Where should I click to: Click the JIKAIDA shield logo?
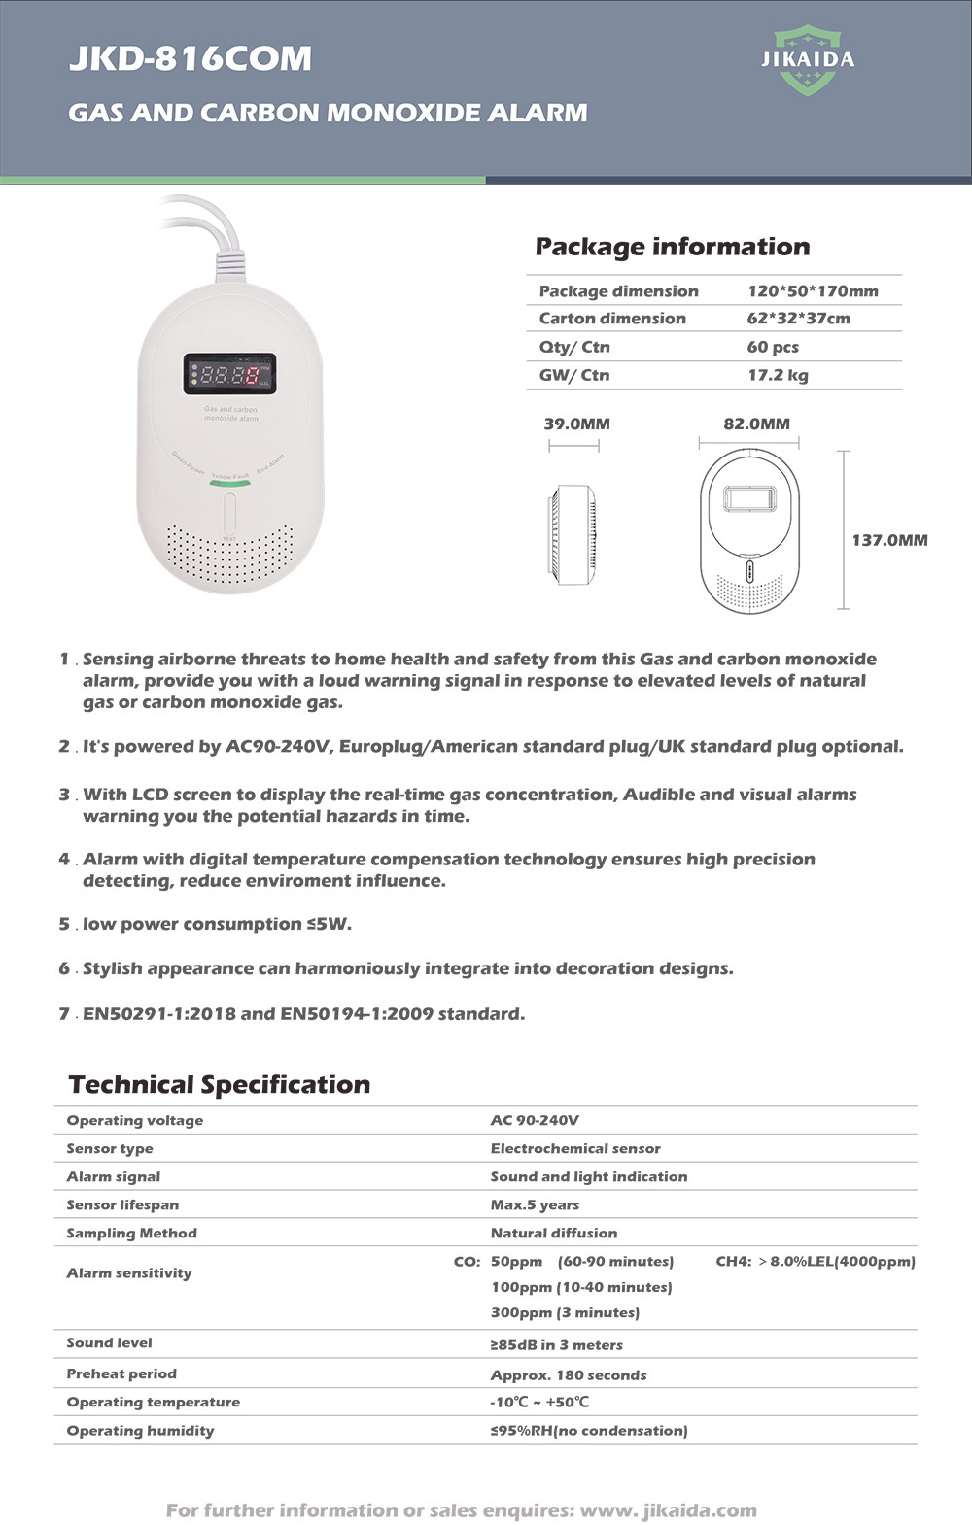point(808,60)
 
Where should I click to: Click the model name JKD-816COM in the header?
point(191,58)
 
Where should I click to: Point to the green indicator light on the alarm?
point(229,480)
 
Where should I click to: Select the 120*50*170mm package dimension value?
point(813,290)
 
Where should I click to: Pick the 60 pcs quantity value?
point(773,347)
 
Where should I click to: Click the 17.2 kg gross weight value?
point(778,375)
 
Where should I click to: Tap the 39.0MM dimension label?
point(576,424)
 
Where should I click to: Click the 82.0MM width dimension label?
point(756,424)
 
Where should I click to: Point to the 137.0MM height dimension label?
point(889,540)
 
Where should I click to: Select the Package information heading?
point(673,247)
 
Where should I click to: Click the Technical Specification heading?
point(220,1084)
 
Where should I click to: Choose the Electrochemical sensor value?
point(575,1148)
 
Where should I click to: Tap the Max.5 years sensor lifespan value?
point(535,1204)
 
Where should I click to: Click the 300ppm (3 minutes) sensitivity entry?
point(565,1312)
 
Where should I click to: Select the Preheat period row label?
point(121,1373)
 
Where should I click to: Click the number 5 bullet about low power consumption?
point(64,924)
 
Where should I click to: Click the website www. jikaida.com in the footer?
point(668,1509)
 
